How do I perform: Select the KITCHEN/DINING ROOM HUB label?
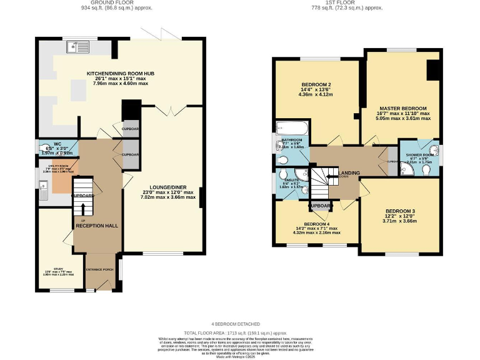(x=121, y=74)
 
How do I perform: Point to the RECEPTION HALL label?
(x=97, y=225)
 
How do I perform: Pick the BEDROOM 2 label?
(x=316, y=84)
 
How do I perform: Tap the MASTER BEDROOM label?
(x=401, y=108)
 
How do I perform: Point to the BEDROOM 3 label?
(x=400, y=211)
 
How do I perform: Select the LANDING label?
(x=348, y=172)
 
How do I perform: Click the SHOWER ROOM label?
(x=419, y=155)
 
